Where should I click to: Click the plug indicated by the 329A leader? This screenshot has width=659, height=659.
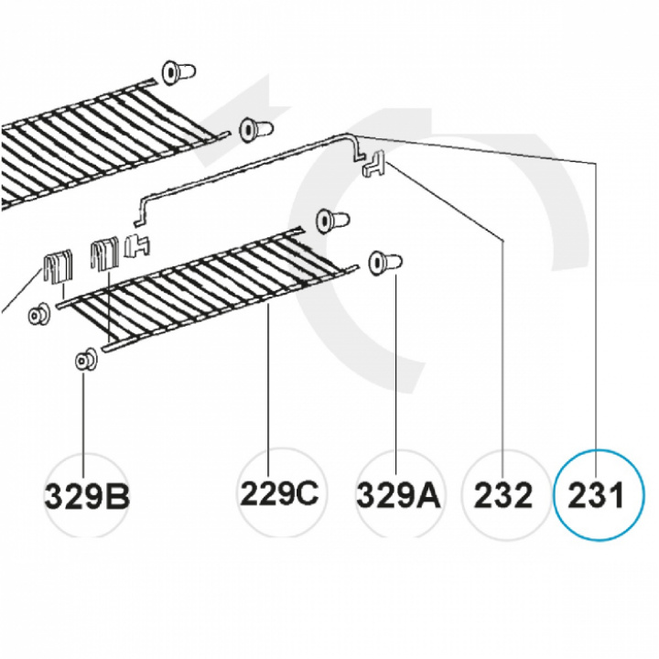384,263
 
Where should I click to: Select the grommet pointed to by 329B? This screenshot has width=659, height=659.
85,360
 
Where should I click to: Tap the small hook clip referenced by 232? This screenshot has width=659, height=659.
374,167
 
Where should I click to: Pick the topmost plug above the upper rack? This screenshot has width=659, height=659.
178,70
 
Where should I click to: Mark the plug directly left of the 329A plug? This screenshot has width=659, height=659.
331,221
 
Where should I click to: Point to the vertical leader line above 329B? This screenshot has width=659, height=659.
84,412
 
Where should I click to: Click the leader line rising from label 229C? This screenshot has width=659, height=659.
268,384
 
